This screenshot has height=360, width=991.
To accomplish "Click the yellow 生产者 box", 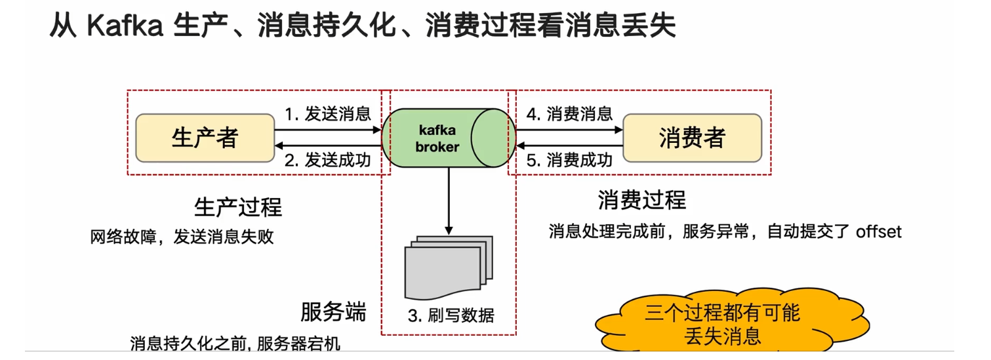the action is click(205, 138).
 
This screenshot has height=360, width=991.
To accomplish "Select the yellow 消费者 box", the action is click(691, 138).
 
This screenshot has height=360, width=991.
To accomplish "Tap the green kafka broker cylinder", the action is click(447, 138).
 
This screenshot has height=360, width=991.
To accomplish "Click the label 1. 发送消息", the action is click(327, 114).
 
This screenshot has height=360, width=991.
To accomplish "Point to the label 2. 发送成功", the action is click(327, 161).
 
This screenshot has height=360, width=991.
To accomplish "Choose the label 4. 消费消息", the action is click(569, 114).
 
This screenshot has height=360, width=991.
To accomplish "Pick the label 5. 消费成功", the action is click(569, 161).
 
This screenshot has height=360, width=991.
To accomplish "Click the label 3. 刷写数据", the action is click(451, 316).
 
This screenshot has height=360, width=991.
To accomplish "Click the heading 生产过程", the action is click(238, 207).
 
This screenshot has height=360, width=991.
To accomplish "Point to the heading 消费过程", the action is click(641, 199).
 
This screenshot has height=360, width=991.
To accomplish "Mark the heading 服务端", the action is click(333, 312).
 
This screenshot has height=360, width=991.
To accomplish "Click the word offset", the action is click(878, 231).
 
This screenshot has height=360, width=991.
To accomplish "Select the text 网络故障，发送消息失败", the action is click(182, 237).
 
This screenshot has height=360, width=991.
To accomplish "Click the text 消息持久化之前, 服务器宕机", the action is click(235, 344).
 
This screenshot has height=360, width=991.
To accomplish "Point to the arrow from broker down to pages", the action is click(449, 200).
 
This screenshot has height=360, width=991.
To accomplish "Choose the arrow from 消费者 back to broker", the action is click(569, 146).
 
